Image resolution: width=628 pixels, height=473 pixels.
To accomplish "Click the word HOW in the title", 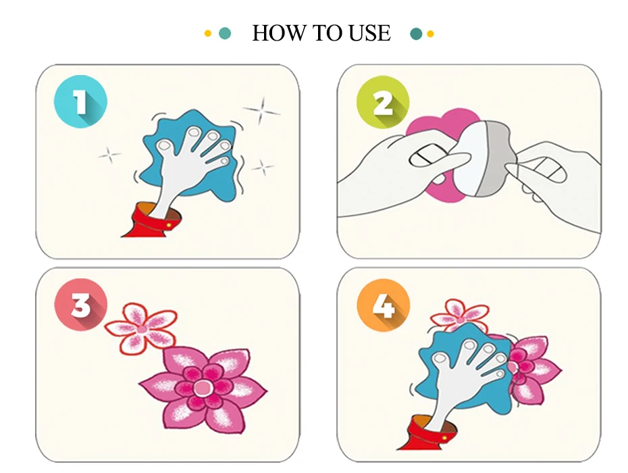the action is (278, 33).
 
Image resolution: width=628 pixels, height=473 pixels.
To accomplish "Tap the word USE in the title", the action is (369, 33).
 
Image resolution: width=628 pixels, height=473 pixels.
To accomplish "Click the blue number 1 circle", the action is (80, 101).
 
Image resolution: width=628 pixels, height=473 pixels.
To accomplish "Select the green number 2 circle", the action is (383, 102).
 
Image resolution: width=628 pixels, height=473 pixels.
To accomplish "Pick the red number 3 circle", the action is (81, 305).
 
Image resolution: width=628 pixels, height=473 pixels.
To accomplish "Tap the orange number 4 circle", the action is (384, 305).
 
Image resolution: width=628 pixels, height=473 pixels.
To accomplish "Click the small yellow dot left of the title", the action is (207, 34).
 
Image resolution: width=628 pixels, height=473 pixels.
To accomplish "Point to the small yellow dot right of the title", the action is (430, 34).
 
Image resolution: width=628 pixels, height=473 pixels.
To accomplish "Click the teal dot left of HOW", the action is (225, 33).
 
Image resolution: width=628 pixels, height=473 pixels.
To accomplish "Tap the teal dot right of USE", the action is (416, 34).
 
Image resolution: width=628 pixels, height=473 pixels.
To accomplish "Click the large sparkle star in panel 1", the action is (261, 110).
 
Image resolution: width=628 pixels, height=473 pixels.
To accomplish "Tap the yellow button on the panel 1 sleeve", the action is (169, 225).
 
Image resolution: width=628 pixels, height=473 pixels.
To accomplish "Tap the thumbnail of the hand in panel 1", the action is (164, 145).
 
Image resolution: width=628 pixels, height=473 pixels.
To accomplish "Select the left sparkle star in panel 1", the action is (109, 155).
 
